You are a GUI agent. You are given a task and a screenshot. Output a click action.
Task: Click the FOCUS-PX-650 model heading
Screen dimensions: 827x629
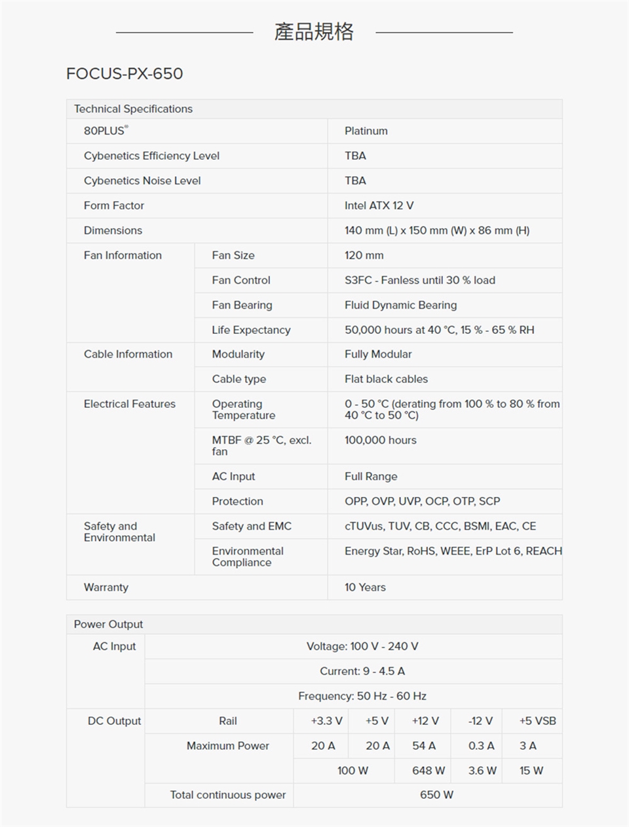click(124, 73)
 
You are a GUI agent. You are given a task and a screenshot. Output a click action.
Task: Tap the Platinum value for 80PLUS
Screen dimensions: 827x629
click(366, 131)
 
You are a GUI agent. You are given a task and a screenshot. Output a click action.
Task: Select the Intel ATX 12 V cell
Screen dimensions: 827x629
click(379, 206)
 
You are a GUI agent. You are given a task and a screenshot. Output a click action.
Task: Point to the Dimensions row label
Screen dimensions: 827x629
click(113, 230)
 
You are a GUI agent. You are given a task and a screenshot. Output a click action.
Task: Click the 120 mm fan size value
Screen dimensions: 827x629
click(364, 255)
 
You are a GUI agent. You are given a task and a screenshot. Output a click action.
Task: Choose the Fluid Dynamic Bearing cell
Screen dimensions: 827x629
click(400, 305)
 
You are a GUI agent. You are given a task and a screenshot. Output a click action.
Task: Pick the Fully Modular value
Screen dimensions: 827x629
click(378, 354)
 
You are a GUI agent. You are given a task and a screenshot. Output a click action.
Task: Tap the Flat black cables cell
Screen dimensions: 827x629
click(386, 379)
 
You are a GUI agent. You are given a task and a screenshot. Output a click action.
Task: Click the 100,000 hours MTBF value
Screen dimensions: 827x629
click(381, 441)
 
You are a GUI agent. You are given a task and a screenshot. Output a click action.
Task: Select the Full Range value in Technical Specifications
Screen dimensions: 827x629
click(371, 477)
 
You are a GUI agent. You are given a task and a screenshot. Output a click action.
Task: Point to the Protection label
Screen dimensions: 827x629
click(237, 502)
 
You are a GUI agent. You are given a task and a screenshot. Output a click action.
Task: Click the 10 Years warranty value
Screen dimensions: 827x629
click(365, 587)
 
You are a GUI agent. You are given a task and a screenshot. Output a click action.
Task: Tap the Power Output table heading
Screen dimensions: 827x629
click(108, 625)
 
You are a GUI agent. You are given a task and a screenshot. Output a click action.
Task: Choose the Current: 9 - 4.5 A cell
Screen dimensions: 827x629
click(362, 671)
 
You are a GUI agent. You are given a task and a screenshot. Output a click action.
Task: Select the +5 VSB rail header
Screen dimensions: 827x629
click(537, 721)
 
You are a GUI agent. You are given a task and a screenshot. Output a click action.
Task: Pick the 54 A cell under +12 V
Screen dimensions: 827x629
click(424, 746)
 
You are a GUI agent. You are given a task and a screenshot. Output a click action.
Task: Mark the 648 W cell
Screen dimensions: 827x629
click(429, 771)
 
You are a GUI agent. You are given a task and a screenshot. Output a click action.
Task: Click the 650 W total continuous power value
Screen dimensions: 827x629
click(436, 795)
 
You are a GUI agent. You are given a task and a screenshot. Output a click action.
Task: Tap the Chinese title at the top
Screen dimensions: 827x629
click(314, 31)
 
